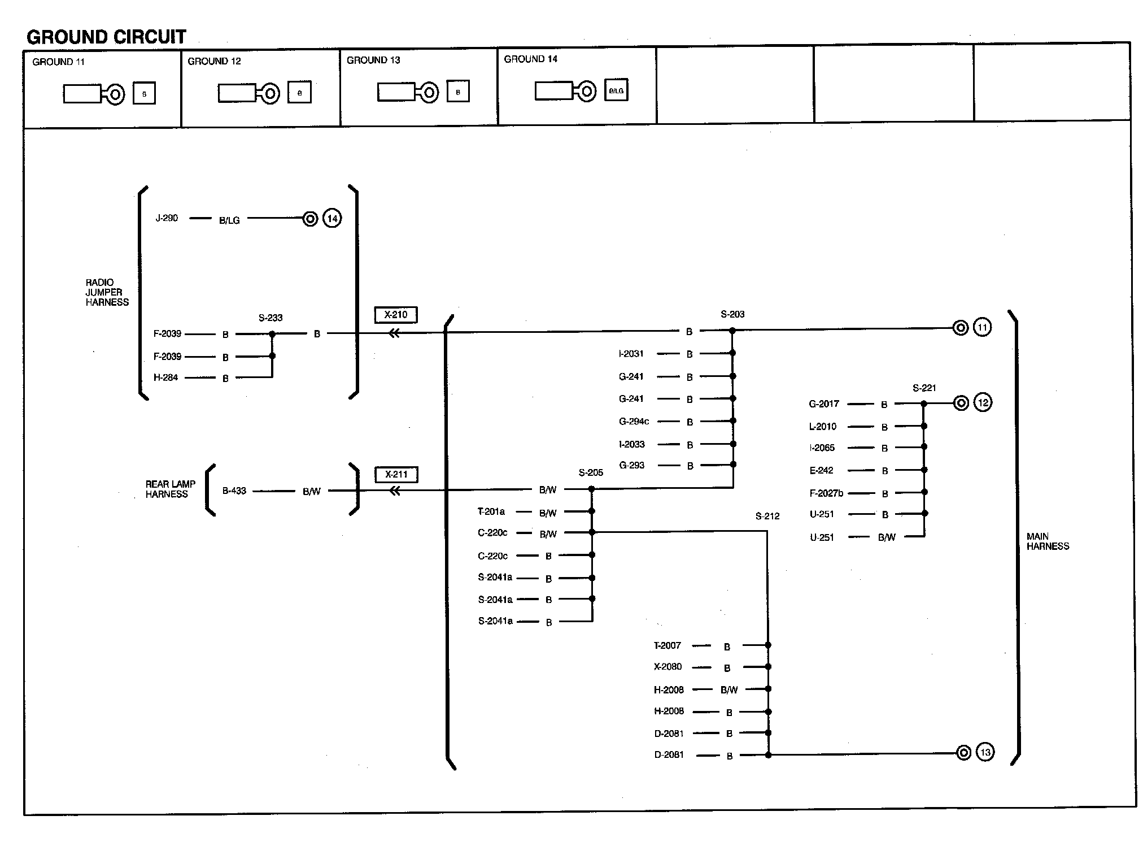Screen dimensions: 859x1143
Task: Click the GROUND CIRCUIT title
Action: tap(106, 37)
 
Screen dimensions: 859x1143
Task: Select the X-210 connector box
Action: tap(395, 315)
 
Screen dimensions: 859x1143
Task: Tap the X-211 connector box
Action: tap(396, 475)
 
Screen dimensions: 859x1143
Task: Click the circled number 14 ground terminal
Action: tap(332, 219)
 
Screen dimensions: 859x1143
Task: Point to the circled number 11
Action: tap(982, 328)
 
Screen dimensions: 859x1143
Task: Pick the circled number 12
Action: tap(983, 403)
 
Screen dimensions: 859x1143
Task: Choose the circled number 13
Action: tap(985, 753)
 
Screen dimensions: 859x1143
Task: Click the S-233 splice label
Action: tap(271, 318)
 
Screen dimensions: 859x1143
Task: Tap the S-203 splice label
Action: tap(732, 315)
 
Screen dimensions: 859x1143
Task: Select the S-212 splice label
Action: tap(767, 517)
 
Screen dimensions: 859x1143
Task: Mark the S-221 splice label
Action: tap(924, 388)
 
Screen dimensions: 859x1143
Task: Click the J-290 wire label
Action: tap(167, 218)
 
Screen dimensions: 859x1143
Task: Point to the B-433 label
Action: tap(234, 491)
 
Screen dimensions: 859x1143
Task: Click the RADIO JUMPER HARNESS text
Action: tap(107, 293)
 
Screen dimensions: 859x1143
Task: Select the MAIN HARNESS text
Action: tap(1048, 541)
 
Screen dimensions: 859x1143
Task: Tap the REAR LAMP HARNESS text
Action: tap(170, 489)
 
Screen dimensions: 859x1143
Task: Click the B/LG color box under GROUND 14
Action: tap(616, 90)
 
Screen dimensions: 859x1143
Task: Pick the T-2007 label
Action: tap(668, 645)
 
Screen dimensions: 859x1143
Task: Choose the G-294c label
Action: tap(634, 422)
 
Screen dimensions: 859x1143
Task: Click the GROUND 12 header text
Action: tap(214, 62)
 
